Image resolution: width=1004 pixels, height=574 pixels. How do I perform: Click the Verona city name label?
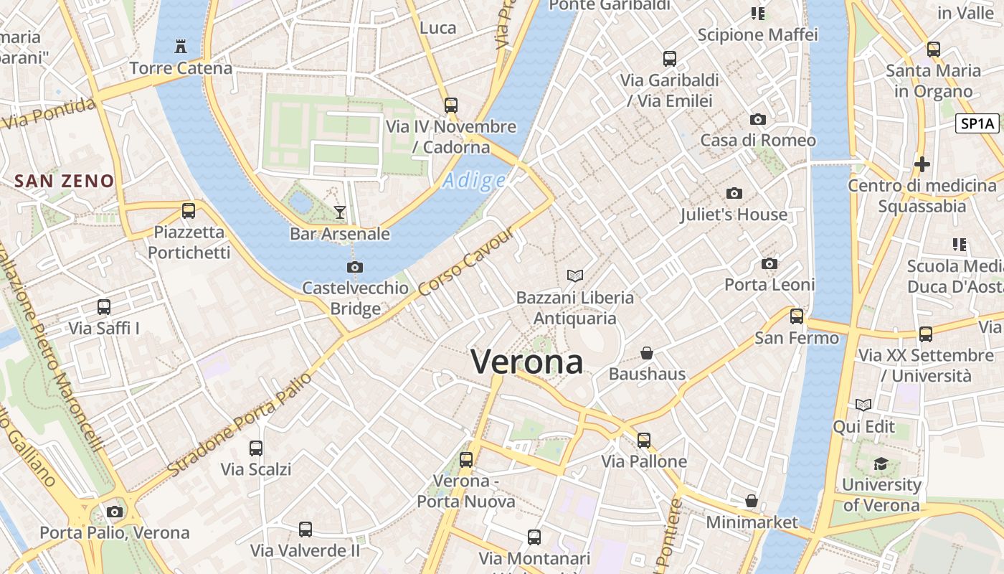[x=526, y=362]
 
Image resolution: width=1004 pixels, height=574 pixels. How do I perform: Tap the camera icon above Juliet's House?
[x=734, y=193]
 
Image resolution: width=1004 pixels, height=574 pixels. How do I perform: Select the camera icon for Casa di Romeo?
[x=758, y=119]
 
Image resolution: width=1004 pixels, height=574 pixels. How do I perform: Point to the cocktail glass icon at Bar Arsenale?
[x=340, y=212]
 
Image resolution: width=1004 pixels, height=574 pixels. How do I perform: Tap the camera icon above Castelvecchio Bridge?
[x=354, y=267]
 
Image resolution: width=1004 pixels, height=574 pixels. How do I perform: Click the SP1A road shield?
[x=978, y=123]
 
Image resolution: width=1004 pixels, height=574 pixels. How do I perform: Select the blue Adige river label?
[x=473, y=180]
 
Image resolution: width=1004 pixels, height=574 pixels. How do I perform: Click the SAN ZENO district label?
[x=65, y=181]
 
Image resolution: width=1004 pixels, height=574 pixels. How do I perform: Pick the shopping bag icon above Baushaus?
[x=647, y=353]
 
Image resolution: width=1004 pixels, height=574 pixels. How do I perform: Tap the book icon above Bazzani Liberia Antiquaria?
[x=575, y=276]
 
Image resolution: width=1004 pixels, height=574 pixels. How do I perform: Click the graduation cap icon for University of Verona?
[x=881, y=464]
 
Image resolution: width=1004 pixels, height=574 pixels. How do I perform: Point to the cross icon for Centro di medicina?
[x=922, y=164]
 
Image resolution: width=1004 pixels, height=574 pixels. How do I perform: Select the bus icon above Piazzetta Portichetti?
[x=189, y=211]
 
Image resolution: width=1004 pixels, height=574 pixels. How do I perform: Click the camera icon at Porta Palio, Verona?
[x=114, y=512]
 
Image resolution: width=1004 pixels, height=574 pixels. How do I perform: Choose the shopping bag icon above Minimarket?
[x=752, y=500]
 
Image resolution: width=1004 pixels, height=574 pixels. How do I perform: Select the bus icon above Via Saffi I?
[x=104, y=307]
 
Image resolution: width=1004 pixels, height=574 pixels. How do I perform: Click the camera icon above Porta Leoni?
[x=769, y=263]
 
